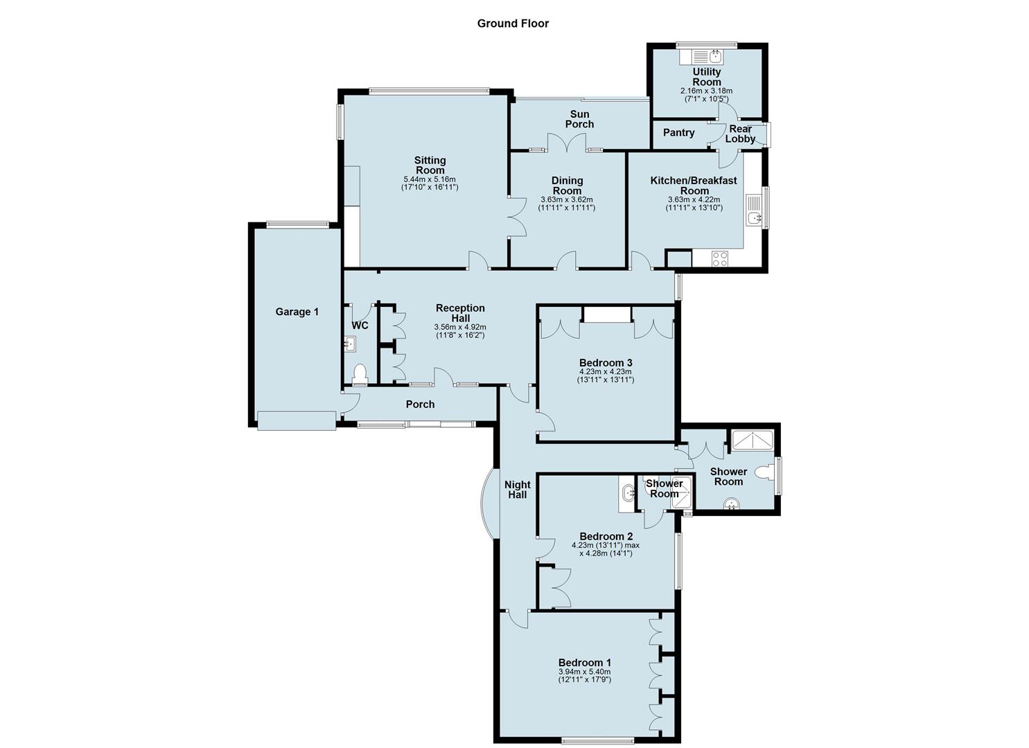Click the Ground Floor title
click(x=513, y=24)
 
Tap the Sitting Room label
click(x=430, y=166)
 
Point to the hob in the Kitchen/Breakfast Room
click(x=719, y=258)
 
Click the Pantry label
click(x=678, y=133)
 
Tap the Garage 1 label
click(x=297, y=312)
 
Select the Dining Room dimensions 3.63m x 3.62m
click(x=567, y=199)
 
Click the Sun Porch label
click(x=579, y=119)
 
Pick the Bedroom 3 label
click(x=606, y=363)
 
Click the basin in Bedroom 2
click(x=627, y=494)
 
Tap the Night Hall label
click(x=517, y=490)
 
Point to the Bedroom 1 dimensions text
click(x=585, y=675)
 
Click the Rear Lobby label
click(x=740, y=134)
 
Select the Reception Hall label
click(x=460, y=313)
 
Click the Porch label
click(x=420, y=404)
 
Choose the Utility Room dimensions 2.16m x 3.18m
click(x=706, y=91)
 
